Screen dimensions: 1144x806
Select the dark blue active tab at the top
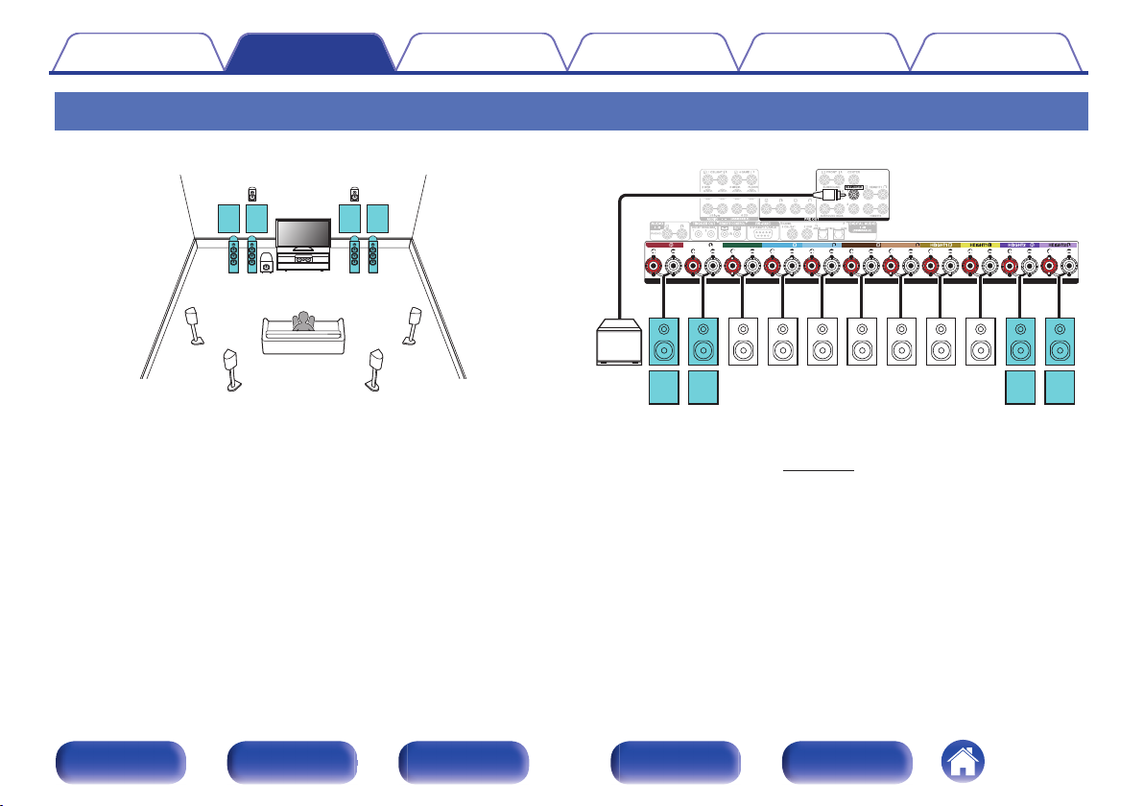[x=309, y=53]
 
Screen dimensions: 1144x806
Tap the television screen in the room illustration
[x=302, y=232]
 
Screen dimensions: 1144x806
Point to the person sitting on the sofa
[x=304, y=321]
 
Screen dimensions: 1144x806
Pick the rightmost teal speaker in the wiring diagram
[x=1060, y=340]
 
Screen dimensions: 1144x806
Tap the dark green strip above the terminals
[x=740, y=245]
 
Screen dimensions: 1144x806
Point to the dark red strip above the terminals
[x=664, y=245]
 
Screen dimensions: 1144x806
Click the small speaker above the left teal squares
[x=252, y=194]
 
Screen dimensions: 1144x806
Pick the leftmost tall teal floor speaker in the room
[x=233, y=255]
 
